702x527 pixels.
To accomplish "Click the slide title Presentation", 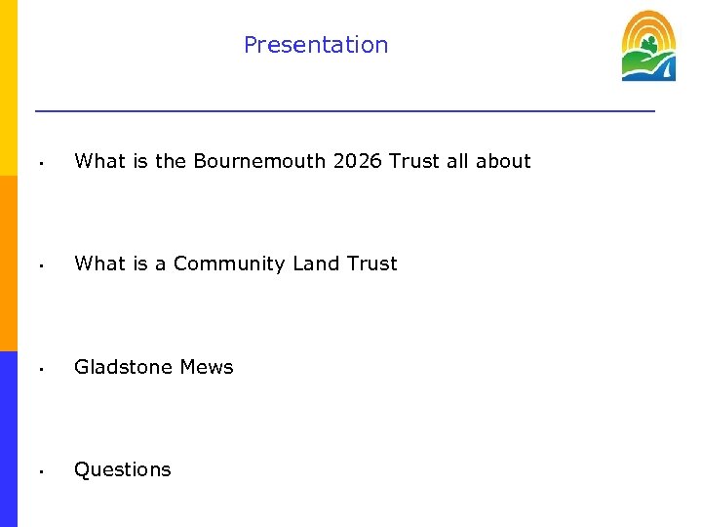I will pyautogui.click(x=316, y=45).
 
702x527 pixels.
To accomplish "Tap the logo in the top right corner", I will pyautogui.click(x=648, y=46).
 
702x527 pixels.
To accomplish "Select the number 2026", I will pyautogui.click(x=357, y=161).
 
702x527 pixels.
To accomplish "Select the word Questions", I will pyautogui.click(x=123, y=469).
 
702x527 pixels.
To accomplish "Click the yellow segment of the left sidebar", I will pyautogui.click(x=9, y=88).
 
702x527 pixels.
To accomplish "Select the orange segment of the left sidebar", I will pyautogui.click(x=9, y=263).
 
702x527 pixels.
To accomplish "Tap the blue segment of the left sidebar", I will pyautogui.click(x=9, y=439).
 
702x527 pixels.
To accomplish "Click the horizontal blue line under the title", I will pyautogui.click(x=345, y=111).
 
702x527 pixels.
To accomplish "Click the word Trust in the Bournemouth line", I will pyautogui.click(x=414, y=161).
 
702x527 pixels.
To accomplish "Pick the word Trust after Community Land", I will pyautogui.click(x=371, y=263).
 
